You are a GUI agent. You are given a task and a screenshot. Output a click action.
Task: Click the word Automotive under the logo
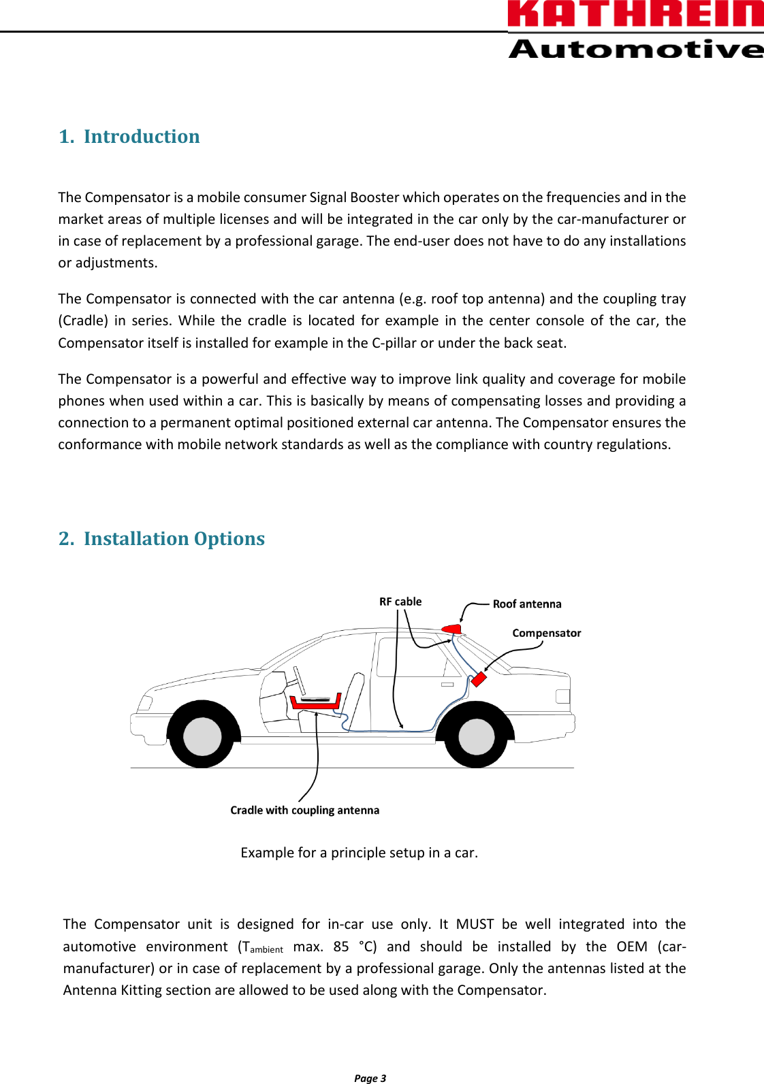[635, 49]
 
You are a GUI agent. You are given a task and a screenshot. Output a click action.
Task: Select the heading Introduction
[142, 137]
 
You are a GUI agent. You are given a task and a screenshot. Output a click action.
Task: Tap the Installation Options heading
[174, 539]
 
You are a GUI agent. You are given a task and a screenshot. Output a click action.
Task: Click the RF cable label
[400, 602]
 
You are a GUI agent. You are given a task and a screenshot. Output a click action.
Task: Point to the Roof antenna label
[527, 604]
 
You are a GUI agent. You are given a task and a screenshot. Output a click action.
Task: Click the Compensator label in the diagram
[546, 633]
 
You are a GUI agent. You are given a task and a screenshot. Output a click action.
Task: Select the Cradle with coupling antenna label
[304, 810]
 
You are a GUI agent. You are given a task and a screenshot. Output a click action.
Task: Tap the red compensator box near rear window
[479, 679]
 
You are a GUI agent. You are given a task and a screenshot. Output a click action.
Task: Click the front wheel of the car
[203, 736]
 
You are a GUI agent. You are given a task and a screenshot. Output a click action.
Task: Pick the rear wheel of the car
[476, 736]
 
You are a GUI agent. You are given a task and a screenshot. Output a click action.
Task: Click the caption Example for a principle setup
[359, 853]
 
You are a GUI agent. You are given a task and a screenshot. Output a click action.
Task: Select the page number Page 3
[370, 1078]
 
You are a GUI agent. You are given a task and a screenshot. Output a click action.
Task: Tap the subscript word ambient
[266, 950]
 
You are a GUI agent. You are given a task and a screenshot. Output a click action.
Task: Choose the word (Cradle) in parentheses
[83, 321]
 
